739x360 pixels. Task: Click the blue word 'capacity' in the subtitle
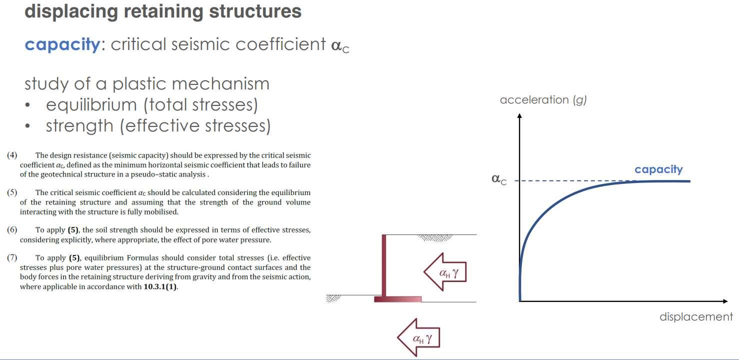point(62,44)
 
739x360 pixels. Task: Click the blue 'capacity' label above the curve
point(658,169)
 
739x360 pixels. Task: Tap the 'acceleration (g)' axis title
point(543,99)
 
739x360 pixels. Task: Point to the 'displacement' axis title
point(696,316)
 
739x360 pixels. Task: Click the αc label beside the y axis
point(498,179)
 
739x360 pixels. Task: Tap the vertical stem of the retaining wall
point(384,265)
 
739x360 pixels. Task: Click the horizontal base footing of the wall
point(397,299)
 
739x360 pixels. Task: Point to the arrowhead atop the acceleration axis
point(519,116)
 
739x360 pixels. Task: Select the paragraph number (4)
point(12,155)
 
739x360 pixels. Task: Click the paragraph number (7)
point(12,258)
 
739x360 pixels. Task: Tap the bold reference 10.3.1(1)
point(160,287)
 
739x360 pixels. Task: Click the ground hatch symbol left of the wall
point(333,298)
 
